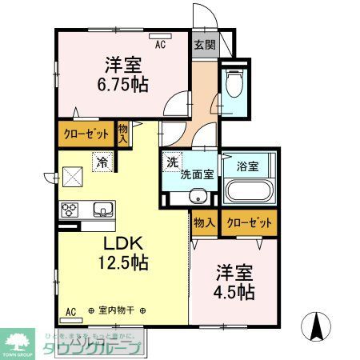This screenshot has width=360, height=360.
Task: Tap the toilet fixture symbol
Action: coord(234,86)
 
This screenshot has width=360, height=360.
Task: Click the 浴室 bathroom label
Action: coord(246,166)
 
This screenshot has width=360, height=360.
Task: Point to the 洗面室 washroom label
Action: coord(196,174)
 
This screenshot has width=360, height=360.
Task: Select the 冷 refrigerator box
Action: coord(102,162)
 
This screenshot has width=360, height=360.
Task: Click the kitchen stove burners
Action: coord(70,210)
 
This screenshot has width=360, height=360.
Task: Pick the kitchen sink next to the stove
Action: coord(102,210)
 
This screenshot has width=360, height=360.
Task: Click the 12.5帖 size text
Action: coord(122,262)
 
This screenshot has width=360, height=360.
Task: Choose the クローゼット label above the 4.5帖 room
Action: coord(250,222)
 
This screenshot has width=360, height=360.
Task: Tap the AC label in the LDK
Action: coord(70,310)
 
